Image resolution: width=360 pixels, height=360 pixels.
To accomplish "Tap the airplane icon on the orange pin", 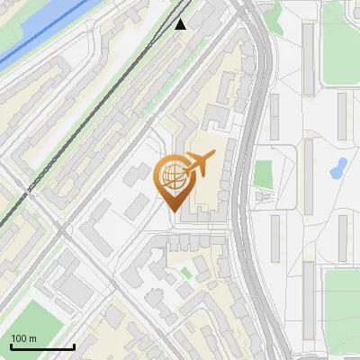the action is [x=199, y=164].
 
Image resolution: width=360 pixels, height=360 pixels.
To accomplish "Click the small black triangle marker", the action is [x=181, y=24].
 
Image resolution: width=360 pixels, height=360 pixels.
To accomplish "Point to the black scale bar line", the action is [x=42, y=346].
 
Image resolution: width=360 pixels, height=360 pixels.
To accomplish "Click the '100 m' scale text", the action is [x=23, y=338].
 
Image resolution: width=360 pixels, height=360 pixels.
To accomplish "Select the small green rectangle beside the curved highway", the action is [x=263, y=173].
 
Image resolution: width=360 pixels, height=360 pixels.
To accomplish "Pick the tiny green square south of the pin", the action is [x=186, y=272].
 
